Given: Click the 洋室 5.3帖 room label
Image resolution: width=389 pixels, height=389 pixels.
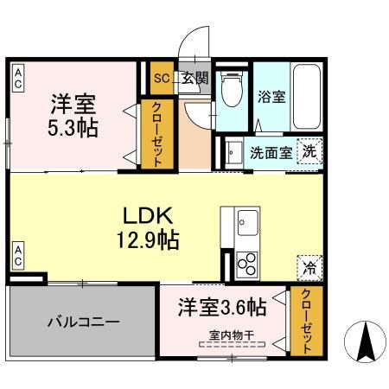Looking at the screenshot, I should click(x=73, y=115).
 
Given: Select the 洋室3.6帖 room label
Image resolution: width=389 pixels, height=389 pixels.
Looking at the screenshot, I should click(x=221, y=308).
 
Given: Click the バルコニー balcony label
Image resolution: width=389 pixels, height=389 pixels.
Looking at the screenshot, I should click(x=82, y=322).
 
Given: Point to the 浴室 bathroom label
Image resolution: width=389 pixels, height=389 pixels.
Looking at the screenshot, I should click(x=271, y=97).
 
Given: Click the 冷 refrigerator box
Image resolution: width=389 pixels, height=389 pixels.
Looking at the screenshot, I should click(x=309, y=267).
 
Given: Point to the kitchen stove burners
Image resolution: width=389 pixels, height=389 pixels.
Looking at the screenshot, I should click(x=246, y=261).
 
